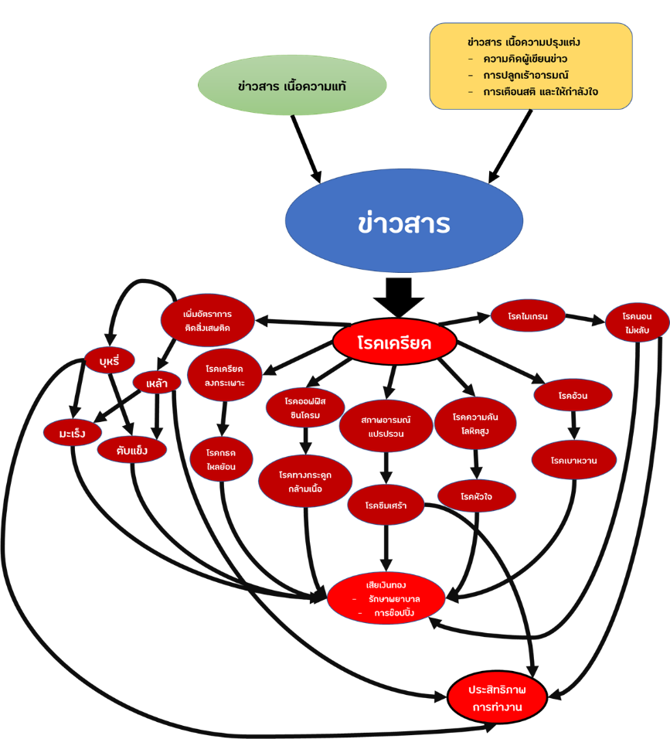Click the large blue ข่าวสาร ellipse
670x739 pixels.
click(x=403, y=223)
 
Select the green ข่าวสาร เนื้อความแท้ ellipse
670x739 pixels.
click(x=292, y=86)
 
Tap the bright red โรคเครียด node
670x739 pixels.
click(x=394, y=342)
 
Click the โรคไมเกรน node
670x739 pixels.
click(x=528, y=316)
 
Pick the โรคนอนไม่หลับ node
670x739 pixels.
click(x=637, y=323)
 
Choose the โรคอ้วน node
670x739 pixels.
click(x=573, y=396)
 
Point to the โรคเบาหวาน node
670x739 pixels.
click(x=573, y=460)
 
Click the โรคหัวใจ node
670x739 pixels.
click(x=476, y=496)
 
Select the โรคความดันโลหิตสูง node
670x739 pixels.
click(x=475, y=423)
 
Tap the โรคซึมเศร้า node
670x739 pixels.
click(x=386, y=506)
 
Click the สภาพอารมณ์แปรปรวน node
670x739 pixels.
click(x=386, y=426)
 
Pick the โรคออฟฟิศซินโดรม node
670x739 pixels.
click(x=305, y=407)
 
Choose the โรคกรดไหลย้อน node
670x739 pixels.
click(x=221, y=459)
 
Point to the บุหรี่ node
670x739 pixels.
click(x=110, y=360)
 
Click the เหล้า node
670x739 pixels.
click(x=157, y=383)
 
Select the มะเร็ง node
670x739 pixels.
click(x=72, y=434)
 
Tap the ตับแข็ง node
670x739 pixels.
click(x=131, y=450)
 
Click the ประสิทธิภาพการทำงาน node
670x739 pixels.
click(x=497, y=697)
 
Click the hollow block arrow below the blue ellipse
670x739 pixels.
click(x=399, y=297)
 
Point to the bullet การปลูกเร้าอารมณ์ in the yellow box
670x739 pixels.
click(x=525, y=75)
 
